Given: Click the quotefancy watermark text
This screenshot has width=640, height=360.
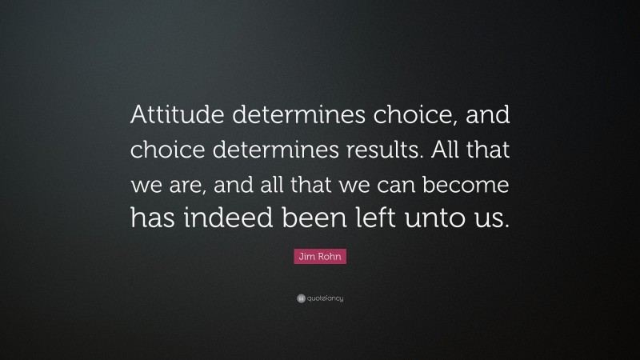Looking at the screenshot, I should (324, 298).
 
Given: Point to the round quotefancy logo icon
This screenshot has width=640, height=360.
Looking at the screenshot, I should (300, 298).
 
